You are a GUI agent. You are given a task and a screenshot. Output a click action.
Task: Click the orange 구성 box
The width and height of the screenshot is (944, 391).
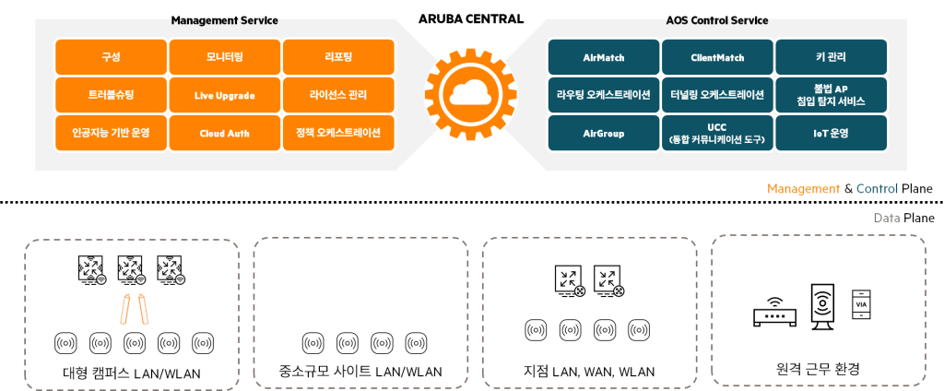111,57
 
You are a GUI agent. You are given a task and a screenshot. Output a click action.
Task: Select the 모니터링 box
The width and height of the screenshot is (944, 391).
225,57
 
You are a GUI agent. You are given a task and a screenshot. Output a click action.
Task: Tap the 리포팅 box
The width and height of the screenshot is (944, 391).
338,57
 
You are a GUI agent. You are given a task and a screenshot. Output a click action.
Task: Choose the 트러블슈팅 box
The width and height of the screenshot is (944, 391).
111,95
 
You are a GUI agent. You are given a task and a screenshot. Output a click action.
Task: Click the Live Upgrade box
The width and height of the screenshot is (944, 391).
225,95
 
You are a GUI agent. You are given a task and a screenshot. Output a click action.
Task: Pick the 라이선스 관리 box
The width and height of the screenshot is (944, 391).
338,95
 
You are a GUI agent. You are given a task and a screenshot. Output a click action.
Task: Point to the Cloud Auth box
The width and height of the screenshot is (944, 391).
225,133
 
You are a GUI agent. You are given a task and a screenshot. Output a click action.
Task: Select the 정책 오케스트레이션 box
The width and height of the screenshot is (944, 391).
338,133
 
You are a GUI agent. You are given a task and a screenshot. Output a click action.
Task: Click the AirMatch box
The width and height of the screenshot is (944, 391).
604,57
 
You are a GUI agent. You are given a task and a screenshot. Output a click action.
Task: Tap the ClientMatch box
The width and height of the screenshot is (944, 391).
717,57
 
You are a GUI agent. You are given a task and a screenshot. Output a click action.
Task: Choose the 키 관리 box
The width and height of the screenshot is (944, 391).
831,57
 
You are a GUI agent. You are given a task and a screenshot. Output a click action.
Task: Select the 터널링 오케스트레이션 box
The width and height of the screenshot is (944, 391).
717,95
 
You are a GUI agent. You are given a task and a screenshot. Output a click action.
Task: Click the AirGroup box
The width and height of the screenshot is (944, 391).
604,133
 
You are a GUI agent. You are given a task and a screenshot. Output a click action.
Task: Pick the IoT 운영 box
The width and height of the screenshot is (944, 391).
831,133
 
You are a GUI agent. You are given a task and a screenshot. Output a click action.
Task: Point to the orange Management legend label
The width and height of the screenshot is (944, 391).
803,189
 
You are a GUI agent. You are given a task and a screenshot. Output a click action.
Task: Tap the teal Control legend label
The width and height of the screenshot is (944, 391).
877,189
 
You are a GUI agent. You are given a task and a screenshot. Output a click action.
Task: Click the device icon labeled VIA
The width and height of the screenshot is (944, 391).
862,303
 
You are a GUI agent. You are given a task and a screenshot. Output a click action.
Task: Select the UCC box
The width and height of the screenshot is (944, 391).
717,133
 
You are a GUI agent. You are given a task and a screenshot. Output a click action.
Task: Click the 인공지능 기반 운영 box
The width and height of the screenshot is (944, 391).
111,133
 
